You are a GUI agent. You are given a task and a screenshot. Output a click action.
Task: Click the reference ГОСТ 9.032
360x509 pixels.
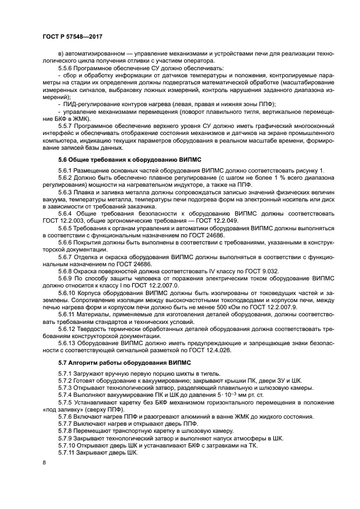point(235,271)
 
